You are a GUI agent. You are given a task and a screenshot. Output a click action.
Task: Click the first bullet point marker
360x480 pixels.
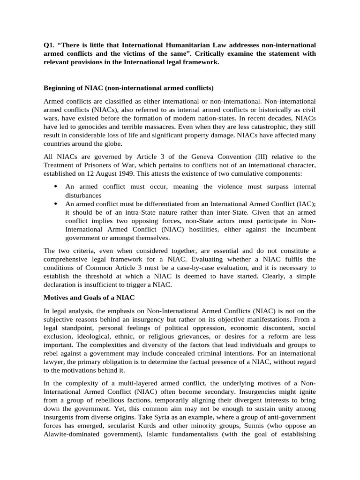[x=56, y=187]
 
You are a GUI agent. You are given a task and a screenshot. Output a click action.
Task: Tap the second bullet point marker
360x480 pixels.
[x=56, y=204]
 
